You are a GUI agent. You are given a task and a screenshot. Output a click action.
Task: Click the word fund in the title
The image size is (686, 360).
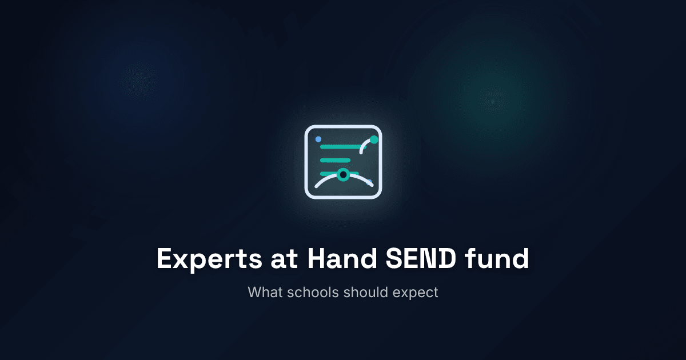pyautogui.click(x=497, y=259)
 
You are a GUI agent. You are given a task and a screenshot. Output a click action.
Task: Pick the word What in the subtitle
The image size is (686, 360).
pyautogui.click(x=264, y=292)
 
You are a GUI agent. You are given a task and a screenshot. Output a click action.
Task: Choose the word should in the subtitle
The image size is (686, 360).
pyautogui.click(x=366, y=292)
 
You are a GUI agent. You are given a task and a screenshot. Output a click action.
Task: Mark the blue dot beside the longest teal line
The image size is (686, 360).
pyautogui.click(x=318, y=139)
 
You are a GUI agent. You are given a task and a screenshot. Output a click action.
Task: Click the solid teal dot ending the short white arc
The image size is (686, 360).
pyautogui.click(x=374, y=139)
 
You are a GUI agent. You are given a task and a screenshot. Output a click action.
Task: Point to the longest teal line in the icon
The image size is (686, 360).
pyautogui.click(x=341, y=147)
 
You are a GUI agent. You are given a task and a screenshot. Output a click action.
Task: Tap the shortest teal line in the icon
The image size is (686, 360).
pyautogui.click(x=335, y=160)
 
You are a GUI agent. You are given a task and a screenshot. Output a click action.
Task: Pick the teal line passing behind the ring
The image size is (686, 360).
pyautogui.click(x=329, y=173)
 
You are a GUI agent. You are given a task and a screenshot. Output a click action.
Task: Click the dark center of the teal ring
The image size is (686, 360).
pyautogui.click(x=343, y=174)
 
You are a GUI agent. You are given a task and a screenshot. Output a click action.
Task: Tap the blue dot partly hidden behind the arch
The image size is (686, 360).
pyautogui.click(x=369, y=182)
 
